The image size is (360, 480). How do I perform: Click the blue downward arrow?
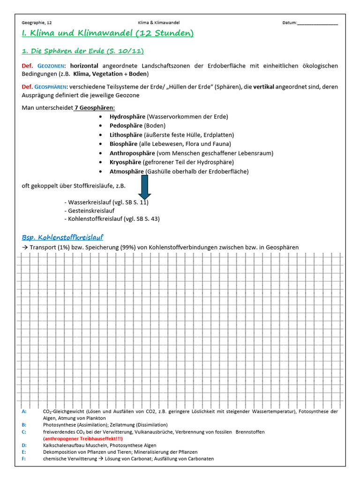(x=144, y=187)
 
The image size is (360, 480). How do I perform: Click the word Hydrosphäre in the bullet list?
(x=127, y=116)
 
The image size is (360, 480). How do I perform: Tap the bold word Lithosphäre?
(x=126, y=135)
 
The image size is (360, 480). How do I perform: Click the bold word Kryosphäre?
(x=125, y=162)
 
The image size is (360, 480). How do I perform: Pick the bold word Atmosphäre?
(x=127, y=172)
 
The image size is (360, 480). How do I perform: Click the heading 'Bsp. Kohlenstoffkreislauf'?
(x=62, y=237)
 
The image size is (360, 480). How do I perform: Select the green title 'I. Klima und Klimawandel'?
(x=107, y=33)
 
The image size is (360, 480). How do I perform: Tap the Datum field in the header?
(x=310, y=22)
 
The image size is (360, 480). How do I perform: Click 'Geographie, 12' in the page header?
(x=37, y=22)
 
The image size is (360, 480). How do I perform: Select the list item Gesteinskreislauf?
(x=91, y=210)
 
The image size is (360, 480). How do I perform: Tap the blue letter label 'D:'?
(x=24, y=445)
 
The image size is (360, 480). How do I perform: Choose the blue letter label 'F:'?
(x=24, y=458)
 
